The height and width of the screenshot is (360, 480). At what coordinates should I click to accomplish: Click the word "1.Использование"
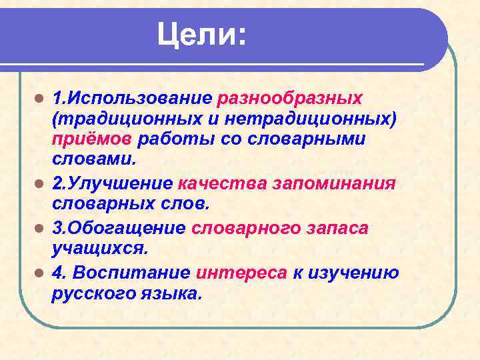[x=131, y=99]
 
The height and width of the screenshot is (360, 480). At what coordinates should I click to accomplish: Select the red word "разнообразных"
[x=290, y=99]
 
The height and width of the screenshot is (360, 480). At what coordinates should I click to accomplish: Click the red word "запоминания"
[x=335, y=183]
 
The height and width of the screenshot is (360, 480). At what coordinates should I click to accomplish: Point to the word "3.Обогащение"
[x=119, y=228]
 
